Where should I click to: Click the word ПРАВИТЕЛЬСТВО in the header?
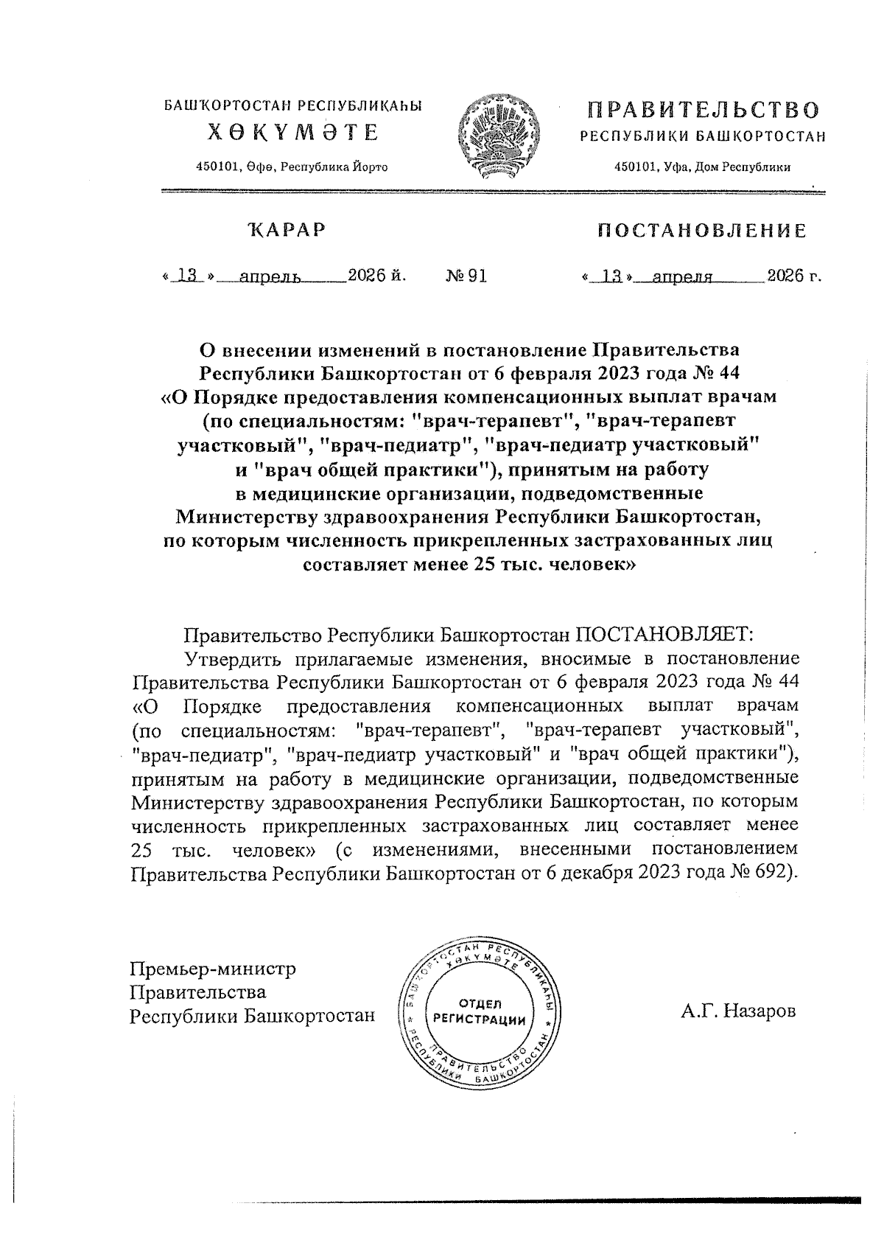(x=703, y=111)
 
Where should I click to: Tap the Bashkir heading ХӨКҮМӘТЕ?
(x=292, y=133)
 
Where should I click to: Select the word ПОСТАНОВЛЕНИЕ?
(x=701, y=231)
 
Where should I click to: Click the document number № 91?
(x=466, y=276)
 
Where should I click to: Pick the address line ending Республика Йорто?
(x=292, y=167)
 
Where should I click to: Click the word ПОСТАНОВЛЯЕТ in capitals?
(x=664, y=635)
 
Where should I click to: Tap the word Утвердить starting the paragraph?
(x=232, y=658)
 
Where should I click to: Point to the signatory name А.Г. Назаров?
(x=738, y=1011)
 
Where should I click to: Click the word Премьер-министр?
(x=213, y=968)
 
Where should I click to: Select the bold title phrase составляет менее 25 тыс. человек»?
(x=466, y=565)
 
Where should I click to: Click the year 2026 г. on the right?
(x=793, y=276)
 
